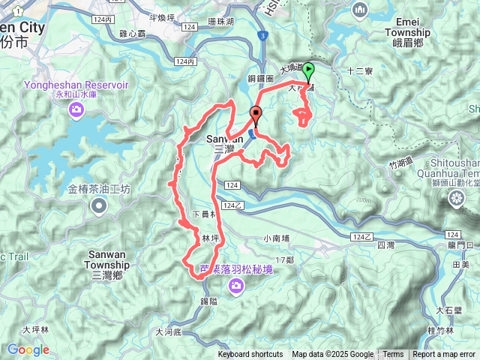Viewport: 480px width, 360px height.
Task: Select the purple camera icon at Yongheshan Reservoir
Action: click(76, 111)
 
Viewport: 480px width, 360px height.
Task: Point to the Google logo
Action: click(28, 349)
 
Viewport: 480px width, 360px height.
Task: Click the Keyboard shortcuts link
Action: click(250, 355)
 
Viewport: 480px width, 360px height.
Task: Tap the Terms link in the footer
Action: click(393, 355)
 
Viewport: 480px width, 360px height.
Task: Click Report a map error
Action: click(444, 355)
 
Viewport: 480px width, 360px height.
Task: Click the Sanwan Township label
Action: click(106, 259)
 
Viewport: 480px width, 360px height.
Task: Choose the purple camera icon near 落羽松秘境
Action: click(237, 285)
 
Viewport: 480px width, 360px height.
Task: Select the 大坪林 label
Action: click(35, 329)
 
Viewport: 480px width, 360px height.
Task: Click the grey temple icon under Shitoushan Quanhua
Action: click(457, 198)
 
